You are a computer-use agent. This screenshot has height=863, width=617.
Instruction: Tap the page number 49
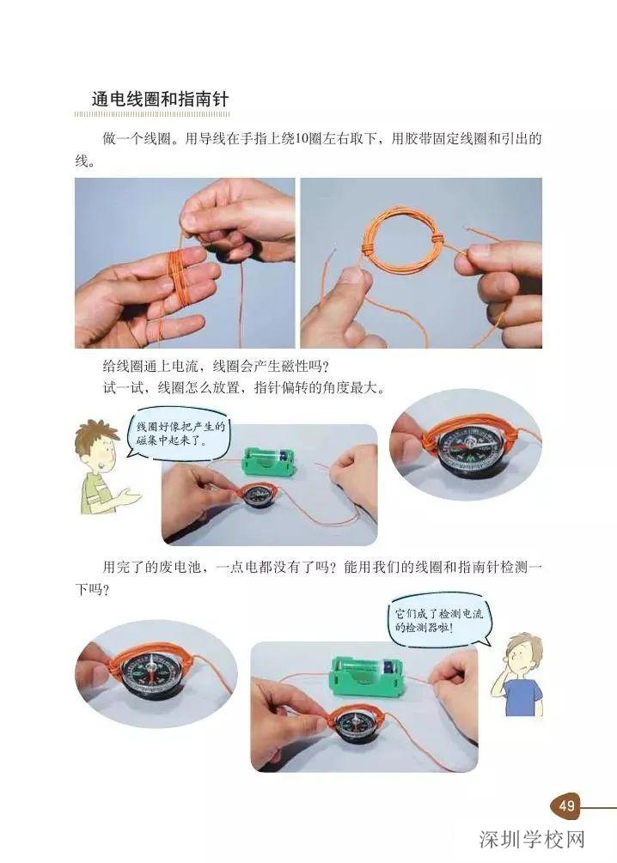click(x=566, y=805)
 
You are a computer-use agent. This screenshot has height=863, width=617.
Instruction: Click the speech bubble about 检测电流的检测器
click(x=436, y=621)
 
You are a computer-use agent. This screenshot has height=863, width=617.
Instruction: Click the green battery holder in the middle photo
click(x=273, y=465)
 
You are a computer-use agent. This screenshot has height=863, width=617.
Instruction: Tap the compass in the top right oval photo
click(x=463, y=451)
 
